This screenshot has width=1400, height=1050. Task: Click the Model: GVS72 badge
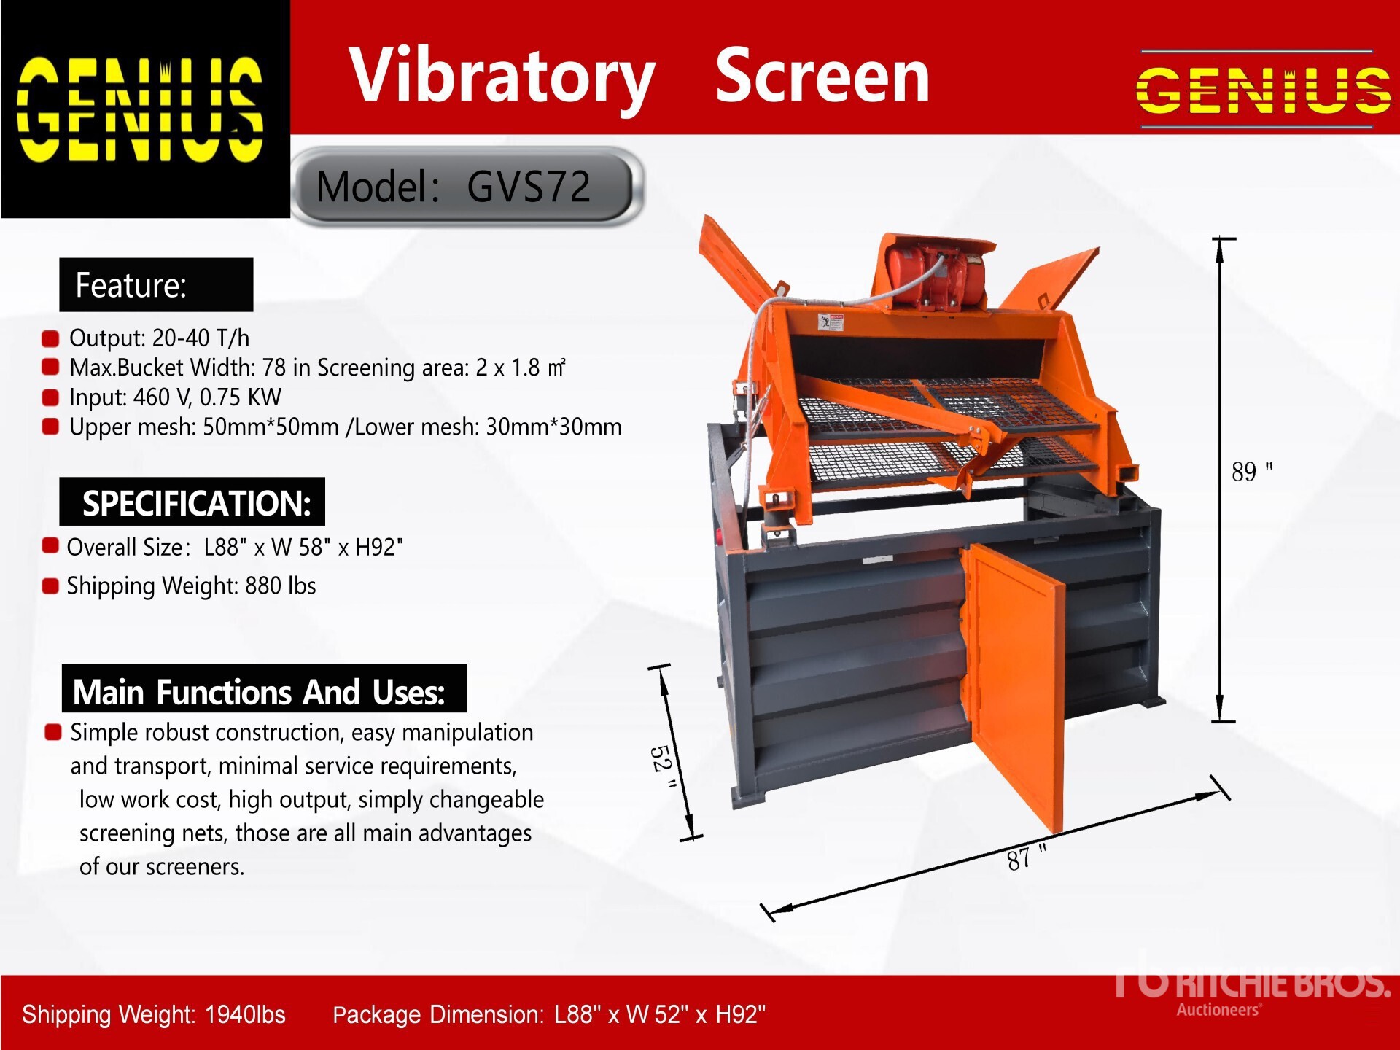point(467,186)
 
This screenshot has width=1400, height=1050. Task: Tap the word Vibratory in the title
point(502,77)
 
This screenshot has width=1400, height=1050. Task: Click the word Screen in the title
point(822,75)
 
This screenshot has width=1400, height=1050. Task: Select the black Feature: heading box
point(156,284)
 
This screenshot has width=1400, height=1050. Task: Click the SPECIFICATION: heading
point(192,502)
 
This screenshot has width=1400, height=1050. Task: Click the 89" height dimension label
point(1252,471)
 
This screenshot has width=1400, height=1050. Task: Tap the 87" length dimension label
point(1026,857)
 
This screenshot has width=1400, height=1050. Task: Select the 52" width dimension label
point(663,766)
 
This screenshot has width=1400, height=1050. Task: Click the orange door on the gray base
point(1014,685)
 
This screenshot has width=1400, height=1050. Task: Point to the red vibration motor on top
point(935,277)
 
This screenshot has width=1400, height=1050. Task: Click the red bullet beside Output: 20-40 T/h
point(50,338)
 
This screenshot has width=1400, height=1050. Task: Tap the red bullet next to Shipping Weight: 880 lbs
point(50,586)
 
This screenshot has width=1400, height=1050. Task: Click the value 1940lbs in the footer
point(245,1014)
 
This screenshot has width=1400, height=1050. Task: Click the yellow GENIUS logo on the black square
point(140,109)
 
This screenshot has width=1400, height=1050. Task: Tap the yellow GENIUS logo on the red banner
point(1263,90)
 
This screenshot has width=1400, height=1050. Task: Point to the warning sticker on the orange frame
point(831,322)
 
